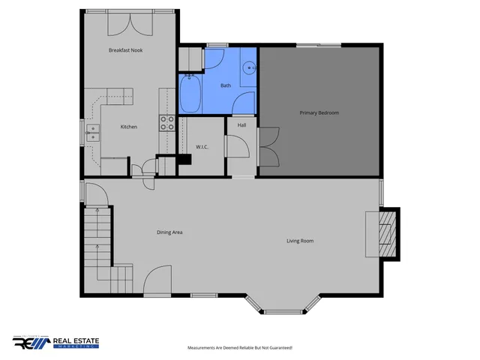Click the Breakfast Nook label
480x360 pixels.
coord(125,50)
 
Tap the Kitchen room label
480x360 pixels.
coord(129,127)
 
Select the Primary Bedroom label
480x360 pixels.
coord(319,112)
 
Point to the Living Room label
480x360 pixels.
coord(300,241)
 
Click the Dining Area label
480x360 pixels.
coord(169,232)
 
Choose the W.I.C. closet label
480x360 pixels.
coord(202,146)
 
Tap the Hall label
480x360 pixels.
coord(242,125)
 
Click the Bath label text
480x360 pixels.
coord(226,85)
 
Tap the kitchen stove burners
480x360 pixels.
coord(166,122)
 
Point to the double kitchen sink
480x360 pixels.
coord(93,133)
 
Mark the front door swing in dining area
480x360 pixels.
coord(157,281)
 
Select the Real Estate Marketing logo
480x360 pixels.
coord(55,342)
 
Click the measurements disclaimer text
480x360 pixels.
coord(239,348)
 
